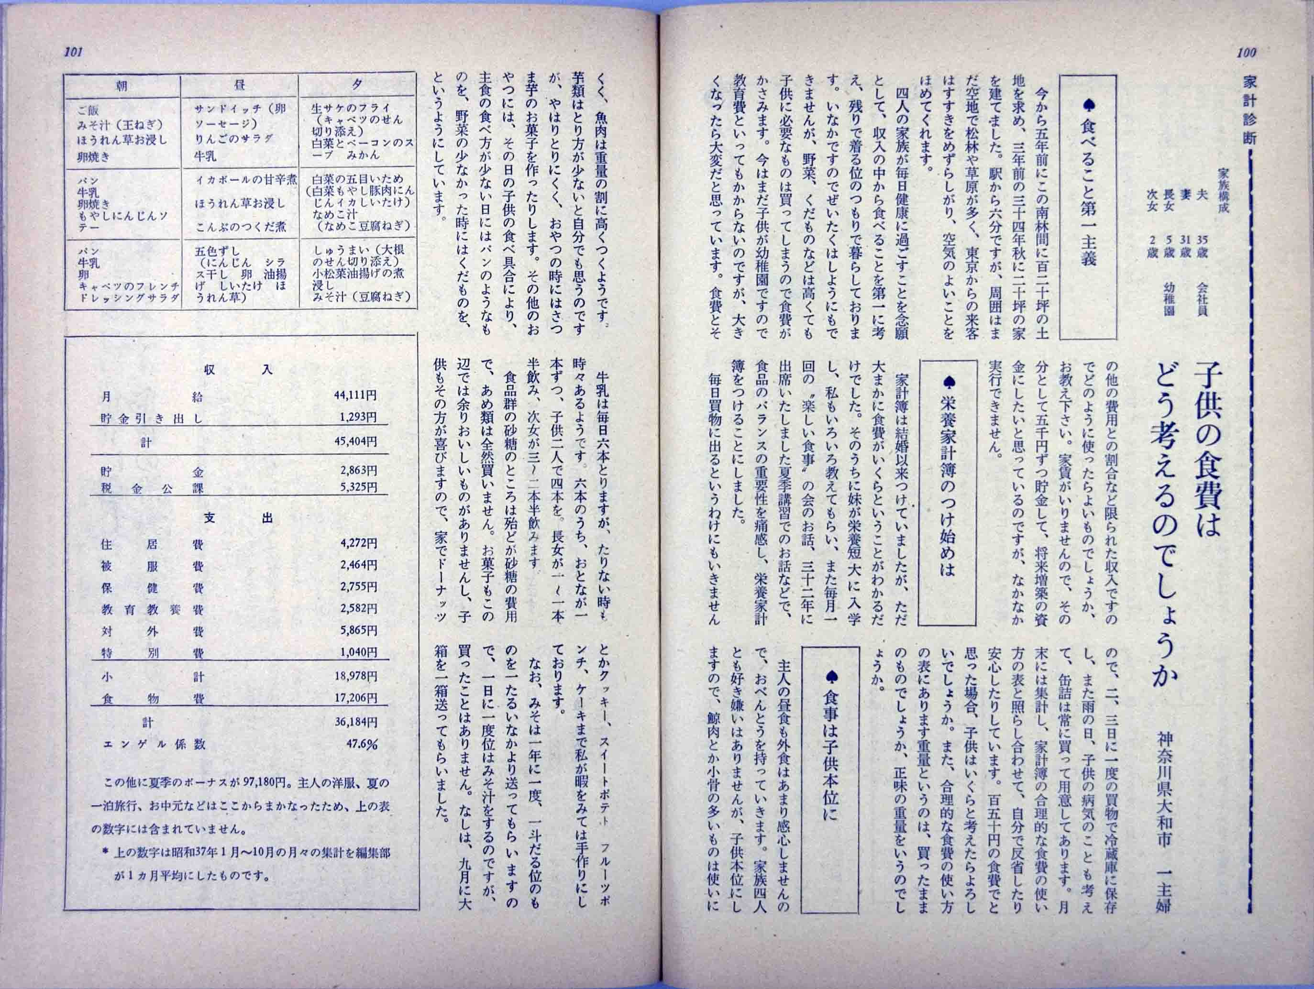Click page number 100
click(x=1246, y=52)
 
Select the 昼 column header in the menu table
click(x=239, y=86)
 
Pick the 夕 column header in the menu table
click(x=357, y=85)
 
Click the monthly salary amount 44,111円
click(x=358, y=396)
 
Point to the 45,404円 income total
click(x=358, y=442)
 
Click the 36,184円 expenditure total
click(x=358, y=722)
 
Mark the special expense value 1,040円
click(x=358, y=652)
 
